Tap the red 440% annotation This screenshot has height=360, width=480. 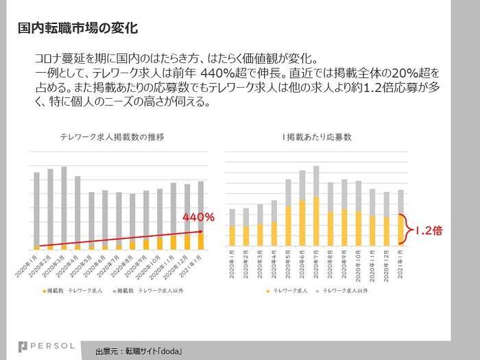199,217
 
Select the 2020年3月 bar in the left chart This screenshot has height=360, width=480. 64,208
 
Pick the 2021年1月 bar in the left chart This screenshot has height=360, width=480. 200,215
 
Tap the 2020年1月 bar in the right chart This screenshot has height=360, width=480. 232,227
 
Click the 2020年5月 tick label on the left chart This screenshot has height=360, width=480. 86,265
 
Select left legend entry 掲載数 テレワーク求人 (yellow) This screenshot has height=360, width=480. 74,291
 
